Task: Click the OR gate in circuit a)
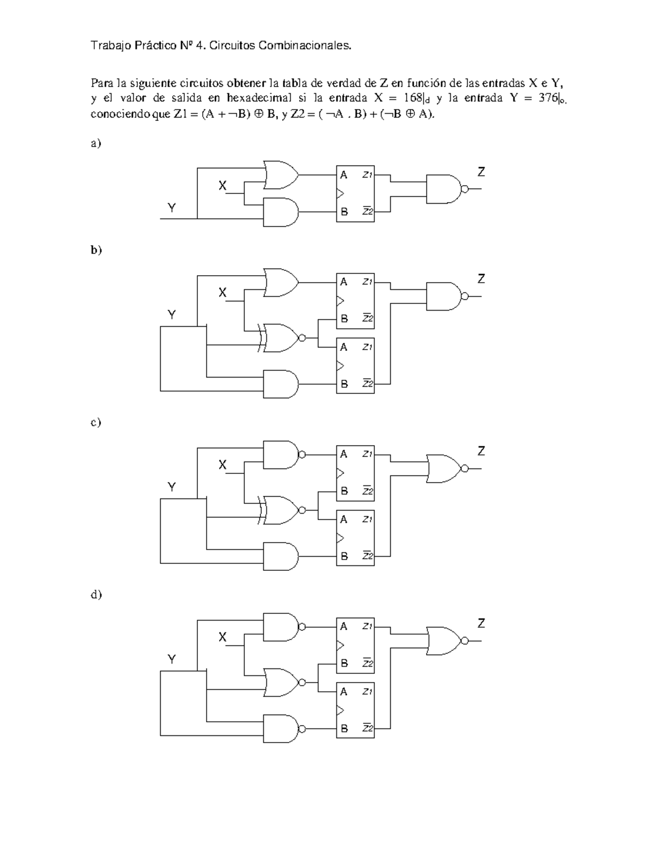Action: pos(281,175)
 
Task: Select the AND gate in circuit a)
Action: pos(281,212)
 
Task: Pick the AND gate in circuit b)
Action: pos(281,384)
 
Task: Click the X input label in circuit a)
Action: pos(222,185)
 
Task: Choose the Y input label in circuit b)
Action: pos(172,314)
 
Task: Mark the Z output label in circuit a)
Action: pos(481,172)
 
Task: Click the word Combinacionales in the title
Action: pos(304,46)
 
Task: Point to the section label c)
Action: pos(96,422)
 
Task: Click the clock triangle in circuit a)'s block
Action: pos(341,193)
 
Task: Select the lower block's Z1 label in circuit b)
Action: pos(367,346)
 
